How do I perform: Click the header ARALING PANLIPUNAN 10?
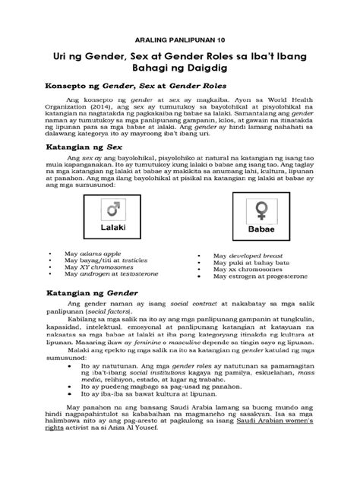(179, 37)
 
